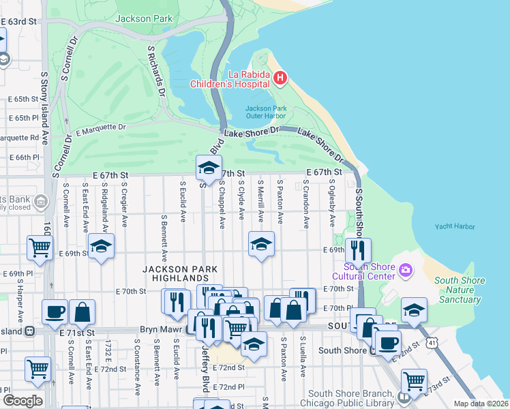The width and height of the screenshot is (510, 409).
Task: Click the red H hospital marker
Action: [x=280, y=78]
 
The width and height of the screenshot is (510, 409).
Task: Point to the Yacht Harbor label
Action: [x=455, y=226]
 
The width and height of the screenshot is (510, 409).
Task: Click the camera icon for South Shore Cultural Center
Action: [x=406, y=271]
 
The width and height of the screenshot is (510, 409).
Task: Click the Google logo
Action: [x=22, y=400]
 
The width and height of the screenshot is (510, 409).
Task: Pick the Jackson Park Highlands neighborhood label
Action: [x=175, y=273]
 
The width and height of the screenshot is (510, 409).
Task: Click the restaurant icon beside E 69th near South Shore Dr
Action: [x=357, y=249]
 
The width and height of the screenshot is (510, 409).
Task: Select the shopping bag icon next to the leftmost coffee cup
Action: [x=82, y=312]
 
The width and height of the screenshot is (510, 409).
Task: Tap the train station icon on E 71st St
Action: [x=29, y=331]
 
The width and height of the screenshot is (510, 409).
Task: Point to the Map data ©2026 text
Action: [x=480, y=404]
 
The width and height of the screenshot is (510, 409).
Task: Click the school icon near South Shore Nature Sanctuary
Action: [x=414, y=310]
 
